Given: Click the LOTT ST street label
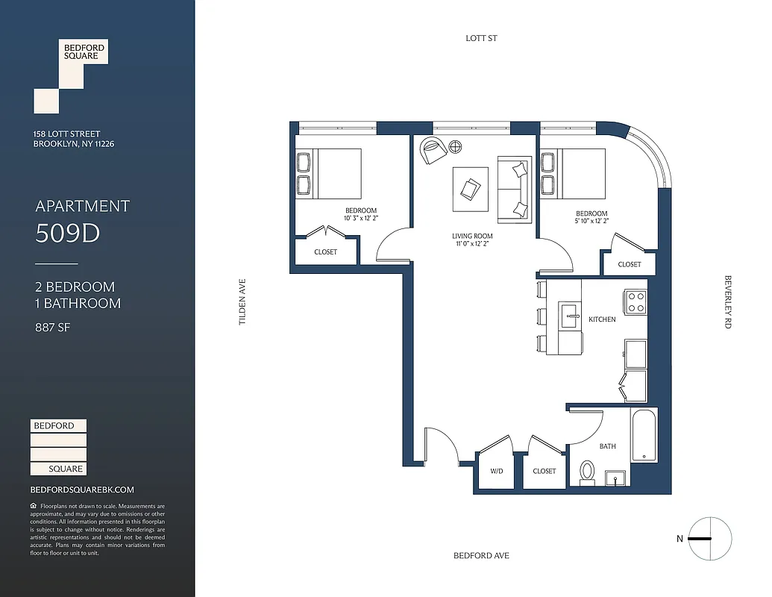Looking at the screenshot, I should pos(481,38).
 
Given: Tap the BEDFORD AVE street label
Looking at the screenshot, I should pos(481,556).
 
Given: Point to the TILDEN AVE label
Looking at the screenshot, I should pos(242,301).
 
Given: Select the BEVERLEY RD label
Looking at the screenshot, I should pos(728,301).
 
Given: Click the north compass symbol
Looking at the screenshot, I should pos(709,538).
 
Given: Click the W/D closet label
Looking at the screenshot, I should pos(497,472).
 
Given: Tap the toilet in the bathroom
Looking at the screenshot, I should pos(587,472).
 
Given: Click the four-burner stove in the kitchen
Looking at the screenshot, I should pos(636,301).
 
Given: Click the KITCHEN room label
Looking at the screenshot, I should pos(602,319).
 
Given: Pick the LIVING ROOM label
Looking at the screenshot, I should pos(472,237).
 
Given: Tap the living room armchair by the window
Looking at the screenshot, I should pos(432,150).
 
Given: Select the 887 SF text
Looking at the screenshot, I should pos(52,327).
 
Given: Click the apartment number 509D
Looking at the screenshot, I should pos(67,234).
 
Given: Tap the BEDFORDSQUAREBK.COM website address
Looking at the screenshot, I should pos(82,490).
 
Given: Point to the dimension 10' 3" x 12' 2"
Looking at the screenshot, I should pos(360,219).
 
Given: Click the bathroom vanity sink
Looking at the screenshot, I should pos(616,477).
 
